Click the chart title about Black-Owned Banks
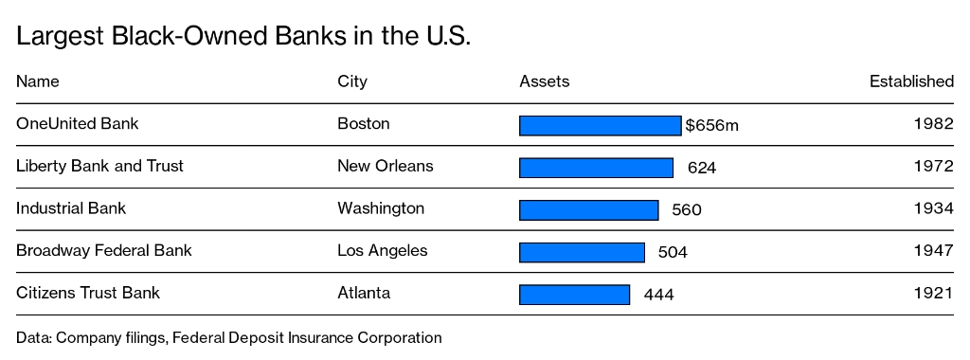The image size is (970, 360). [x=243, y=37]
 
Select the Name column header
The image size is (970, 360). [x=38, y=81]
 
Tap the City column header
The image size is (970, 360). [x=352, y=81]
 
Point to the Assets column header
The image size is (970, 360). [x=545, y=81]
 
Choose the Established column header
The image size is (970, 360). [x=911, y=81]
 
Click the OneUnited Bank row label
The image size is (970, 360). [x=78, y=124]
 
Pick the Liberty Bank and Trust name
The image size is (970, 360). [x=99, y=167]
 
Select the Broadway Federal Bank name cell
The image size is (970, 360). [x=104, y=251]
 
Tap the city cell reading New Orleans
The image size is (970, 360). [x=386, y=167]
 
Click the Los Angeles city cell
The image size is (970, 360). [x=383, y=251]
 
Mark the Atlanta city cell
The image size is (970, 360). [x=364, y=293]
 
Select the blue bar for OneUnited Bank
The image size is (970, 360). [x=600, y=125]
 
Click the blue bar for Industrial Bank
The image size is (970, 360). [x=588, y=209]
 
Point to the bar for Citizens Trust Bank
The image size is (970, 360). [x=574, y=294]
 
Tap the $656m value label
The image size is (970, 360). [x=711, y=125]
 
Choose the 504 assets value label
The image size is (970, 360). [x=673, y=252]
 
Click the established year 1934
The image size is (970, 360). [x=933, y=209]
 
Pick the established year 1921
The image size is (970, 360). [x=933, y=294]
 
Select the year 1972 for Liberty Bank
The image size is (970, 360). [x=933, y=167]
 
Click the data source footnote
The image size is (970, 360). [x=228, y=337]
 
